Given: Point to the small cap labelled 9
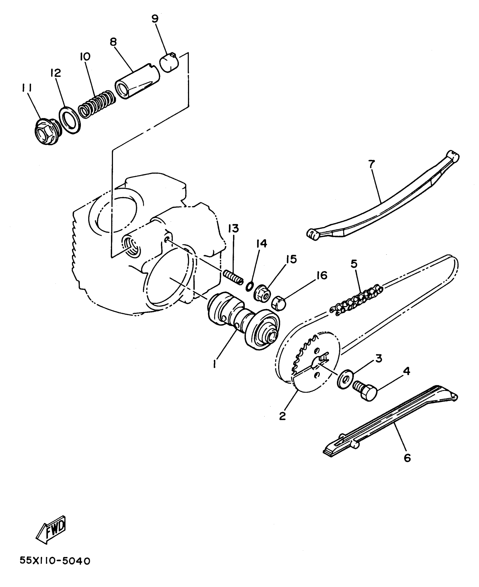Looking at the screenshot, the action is click(x=169, y=62).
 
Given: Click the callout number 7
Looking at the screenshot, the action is click(x=371, y=164).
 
